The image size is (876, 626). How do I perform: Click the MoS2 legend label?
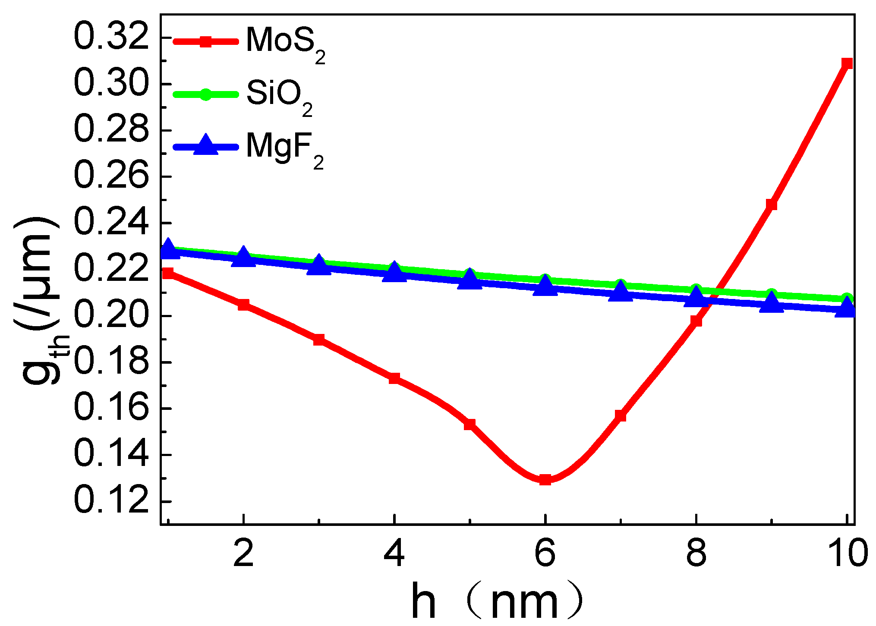click(x=285, y=43)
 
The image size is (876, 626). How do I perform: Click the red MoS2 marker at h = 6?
click(x=545, y=480)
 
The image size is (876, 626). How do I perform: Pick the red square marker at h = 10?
click(x=847, y=63)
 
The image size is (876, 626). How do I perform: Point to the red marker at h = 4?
click(x=394, y=378)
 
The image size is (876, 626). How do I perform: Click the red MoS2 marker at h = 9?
click(x=772, y=204)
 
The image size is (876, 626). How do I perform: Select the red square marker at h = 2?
click(x=243, y=305)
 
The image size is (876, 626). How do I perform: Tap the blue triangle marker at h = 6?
click(x=545, y=286)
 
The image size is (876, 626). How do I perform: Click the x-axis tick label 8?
click(x=696, y=553)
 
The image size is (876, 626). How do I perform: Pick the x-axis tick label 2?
click(x=243, y=553)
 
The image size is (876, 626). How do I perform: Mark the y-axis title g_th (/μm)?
click(x=41, y=302)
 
